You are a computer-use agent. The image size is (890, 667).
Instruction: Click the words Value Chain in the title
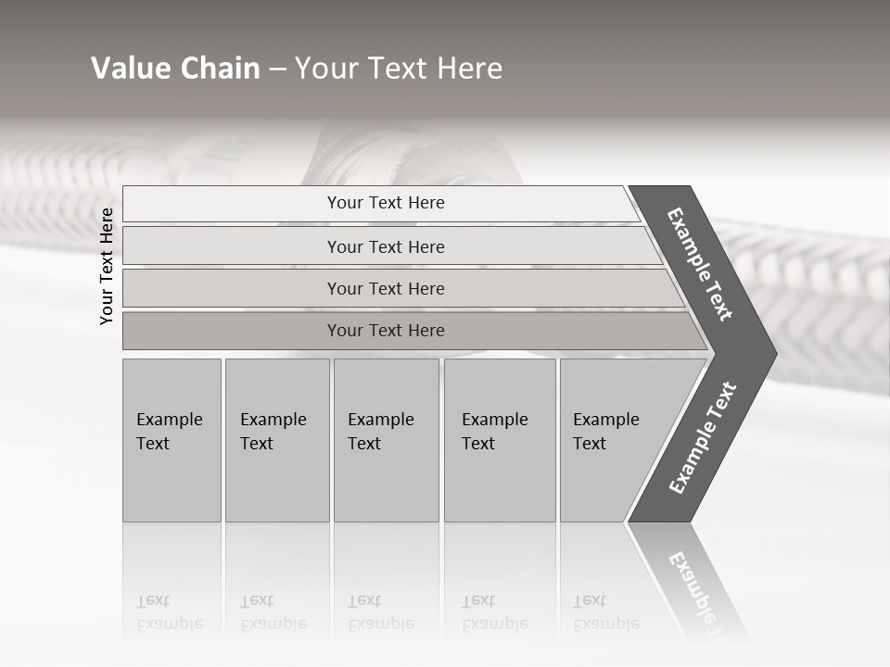[x=175, y=69]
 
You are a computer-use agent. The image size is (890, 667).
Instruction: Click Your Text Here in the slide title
[x=399, y=69]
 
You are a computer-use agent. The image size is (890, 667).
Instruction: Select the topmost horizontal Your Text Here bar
[x=386, y=203]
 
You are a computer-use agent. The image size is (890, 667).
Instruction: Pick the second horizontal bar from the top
[x=386, y=246]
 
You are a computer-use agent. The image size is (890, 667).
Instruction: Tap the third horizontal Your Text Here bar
[x=386, y=288]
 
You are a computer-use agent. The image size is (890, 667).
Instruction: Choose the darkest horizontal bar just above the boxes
[x=386, y=331]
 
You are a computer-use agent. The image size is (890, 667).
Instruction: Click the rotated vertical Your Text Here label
[x=107, y=266]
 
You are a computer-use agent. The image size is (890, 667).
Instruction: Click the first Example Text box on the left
[x=172, y=440]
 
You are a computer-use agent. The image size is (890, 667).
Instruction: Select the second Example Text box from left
[x=276, y=440]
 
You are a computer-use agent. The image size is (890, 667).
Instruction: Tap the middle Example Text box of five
[x=386, y=440]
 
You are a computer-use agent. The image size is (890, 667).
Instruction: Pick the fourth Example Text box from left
[x=499, y=440]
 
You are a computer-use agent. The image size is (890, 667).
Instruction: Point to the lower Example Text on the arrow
[x=703, y=438]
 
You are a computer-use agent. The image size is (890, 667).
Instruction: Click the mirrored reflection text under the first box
[x=170, y=612]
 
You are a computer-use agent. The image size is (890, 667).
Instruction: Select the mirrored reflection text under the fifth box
[x=606, y=612]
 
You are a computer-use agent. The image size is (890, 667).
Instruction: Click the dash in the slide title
[x=277, y=69]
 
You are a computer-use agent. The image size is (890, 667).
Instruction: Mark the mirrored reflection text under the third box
[x=381, y=612]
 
